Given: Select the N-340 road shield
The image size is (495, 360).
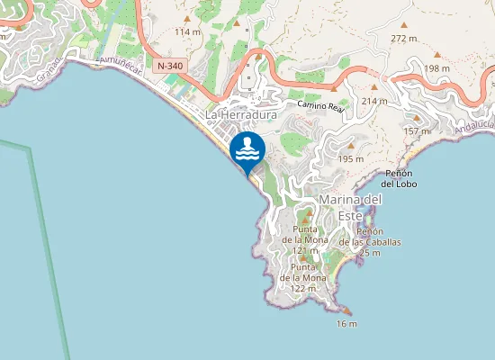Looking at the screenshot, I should point(168,67).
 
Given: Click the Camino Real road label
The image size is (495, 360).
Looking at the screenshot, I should point(321,106).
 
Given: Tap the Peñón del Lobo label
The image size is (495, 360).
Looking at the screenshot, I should point(399,176).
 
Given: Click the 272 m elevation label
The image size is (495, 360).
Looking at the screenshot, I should point(404,39).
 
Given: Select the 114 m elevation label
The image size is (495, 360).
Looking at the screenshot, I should point(187,31).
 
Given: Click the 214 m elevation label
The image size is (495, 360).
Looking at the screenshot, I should point(373,101).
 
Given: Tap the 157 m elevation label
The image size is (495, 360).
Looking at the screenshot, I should point(416,131).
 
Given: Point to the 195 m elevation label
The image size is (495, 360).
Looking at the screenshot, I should point(350,158).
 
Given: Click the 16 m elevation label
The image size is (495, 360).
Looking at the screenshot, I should point(346,323).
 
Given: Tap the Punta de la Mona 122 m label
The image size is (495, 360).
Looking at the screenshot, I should point(302,277).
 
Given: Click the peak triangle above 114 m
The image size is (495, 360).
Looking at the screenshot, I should point(187,19).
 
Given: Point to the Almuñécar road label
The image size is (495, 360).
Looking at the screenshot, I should point(114,61).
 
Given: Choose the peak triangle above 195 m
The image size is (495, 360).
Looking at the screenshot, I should point(350,147).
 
